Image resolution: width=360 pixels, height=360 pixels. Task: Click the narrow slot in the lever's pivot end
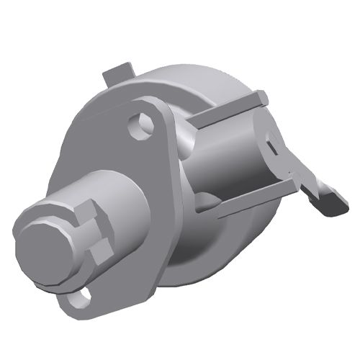click(x=272, y=147)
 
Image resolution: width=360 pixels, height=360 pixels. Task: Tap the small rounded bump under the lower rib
click(x=208, y=202)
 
